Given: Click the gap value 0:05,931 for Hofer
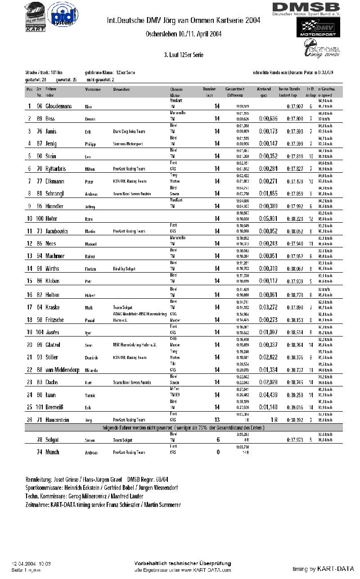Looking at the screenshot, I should pyautogui.click(x=267, y=219).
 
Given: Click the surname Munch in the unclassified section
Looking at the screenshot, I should pyautogui.click(x=52, y=452).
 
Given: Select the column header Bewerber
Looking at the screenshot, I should pyautogui.click(x=121, y=90).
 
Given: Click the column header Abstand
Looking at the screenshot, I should pyautogui.click(x=264, y=90).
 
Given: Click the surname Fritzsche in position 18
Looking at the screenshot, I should pyautogui.click(x=58, y=319).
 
